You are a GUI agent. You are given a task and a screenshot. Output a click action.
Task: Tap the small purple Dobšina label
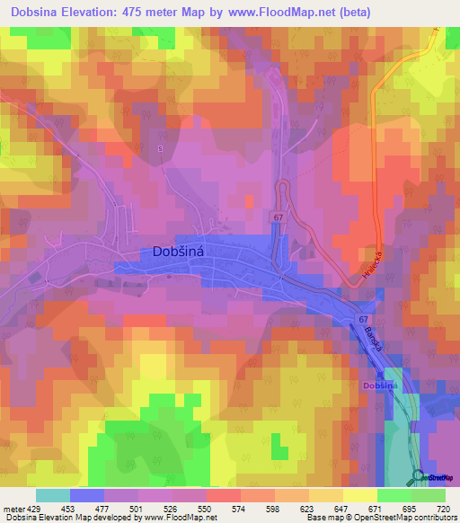[380, 385]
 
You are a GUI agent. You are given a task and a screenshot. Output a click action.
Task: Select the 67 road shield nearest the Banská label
[362, 319]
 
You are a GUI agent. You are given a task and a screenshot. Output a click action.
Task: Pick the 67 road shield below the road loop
[279, 217]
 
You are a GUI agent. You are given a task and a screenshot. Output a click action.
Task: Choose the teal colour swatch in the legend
[53, 495]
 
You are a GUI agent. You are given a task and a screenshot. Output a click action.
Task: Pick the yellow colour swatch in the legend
[359, 495]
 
